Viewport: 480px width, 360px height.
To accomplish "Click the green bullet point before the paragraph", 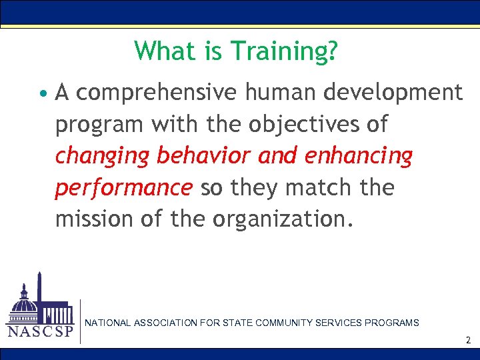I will [x=43, y=93].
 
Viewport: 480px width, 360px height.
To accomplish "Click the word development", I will [x=393, y=93].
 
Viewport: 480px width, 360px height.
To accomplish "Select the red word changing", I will [x=102, y=156].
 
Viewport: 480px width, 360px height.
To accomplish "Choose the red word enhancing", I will [x=358, y=156].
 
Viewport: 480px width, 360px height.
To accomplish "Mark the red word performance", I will [x=123, y=188].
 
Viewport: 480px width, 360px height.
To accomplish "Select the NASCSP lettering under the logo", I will [x=39, y=331].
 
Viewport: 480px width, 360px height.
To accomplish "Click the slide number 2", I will [x=468, y=340].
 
